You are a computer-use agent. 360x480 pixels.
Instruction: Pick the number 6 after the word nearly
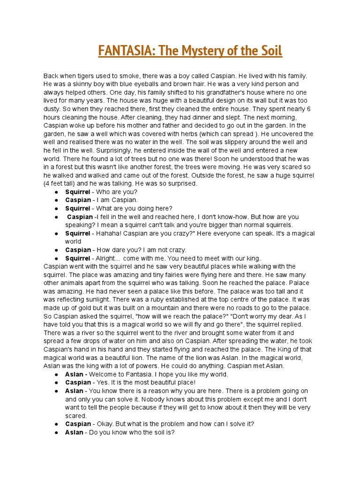[312, 109]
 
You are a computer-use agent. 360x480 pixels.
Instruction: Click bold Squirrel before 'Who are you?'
[77, 192]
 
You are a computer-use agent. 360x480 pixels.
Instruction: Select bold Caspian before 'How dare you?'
[78, 250]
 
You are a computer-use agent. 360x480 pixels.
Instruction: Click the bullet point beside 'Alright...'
[56, 258]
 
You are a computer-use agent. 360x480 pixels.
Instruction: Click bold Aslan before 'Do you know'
[74, 432]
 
